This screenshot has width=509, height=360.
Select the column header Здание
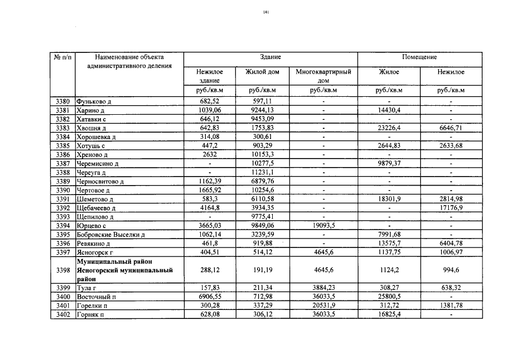coord(271,57)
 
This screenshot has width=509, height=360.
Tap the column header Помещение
coord(419,57)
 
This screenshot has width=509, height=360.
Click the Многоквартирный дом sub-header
coord(323,76)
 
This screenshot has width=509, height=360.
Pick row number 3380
coord(63,101)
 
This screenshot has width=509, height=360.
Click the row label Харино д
coord(91,110)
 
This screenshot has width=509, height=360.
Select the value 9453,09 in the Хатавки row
coord(262,119)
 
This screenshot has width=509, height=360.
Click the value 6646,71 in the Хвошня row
coord(451,128)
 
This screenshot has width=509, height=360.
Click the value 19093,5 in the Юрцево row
coord(323,226)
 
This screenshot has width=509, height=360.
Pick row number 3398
coord(63,270)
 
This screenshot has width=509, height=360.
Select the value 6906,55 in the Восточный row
coord(209,296)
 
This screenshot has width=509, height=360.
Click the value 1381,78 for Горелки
coord(451,305)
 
